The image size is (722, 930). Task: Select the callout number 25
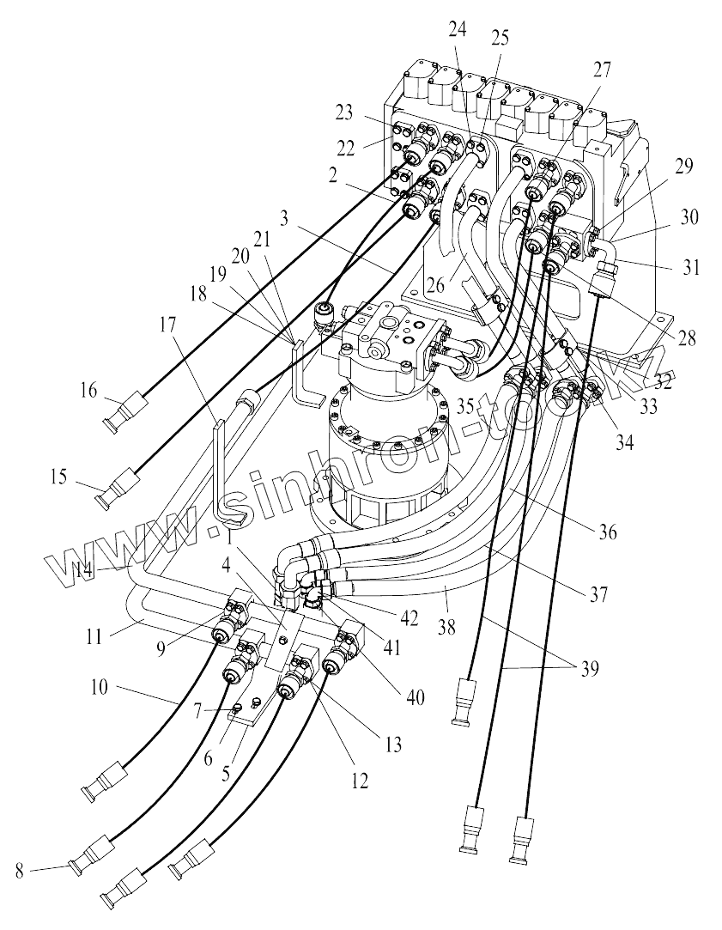click(x=498, y=37)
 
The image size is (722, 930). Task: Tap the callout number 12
click(x=359, y=781)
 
